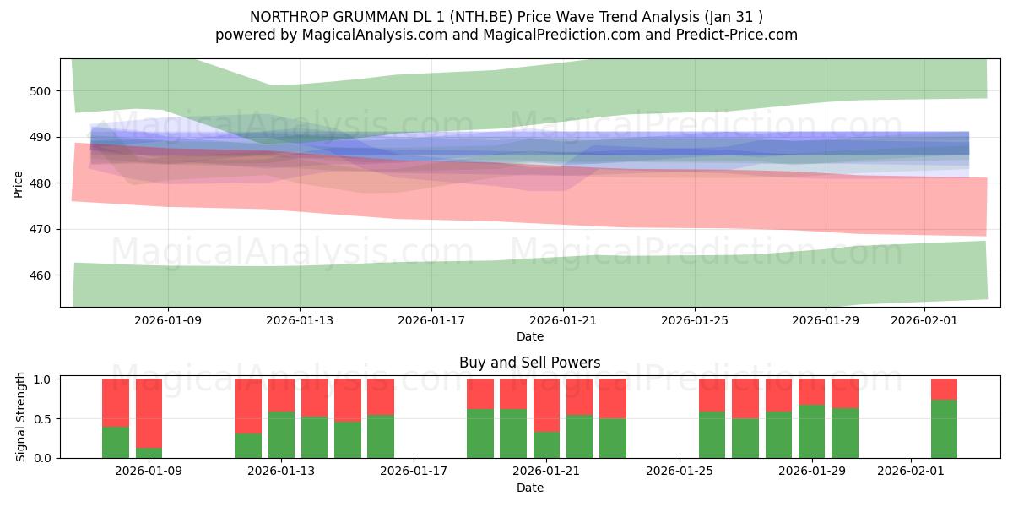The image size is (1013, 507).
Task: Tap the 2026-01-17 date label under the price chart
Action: pos(431,320)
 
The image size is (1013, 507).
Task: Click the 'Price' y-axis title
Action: pos(19,183)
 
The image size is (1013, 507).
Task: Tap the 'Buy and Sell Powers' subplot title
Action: pos(529,363)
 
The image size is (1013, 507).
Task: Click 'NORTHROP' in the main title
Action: pos(286,16)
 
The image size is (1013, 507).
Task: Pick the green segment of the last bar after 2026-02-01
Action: pos(944,429)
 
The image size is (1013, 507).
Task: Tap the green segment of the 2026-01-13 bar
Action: pos(281,435)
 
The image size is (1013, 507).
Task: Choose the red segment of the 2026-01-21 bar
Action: pos(546,405)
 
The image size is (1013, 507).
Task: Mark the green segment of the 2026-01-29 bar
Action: pos(811,432)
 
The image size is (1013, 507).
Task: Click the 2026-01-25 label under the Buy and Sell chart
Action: pos(680,472)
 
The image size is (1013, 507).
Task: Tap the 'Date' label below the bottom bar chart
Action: pos(529,488)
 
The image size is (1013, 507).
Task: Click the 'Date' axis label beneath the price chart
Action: pos(529,336)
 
